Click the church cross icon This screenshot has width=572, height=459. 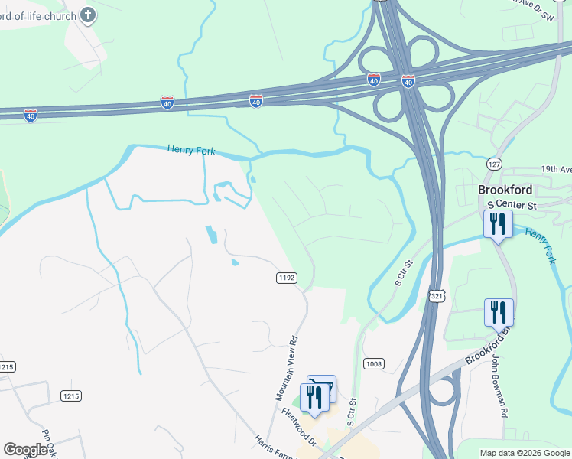(88, 15)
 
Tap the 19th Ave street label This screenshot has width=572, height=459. (555, 169)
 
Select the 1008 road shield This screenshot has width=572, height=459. (373, 364)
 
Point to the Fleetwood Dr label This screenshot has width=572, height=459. (298, 427)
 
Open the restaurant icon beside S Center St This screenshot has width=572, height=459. (498, 224)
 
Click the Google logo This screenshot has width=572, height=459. (25, 450)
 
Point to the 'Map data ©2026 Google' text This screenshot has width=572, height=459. (525, 453)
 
